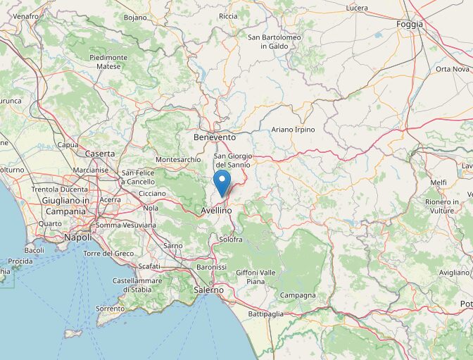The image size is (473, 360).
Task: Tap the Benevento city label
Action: (x=215, y=137)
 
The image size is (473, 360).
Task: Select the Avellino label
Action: (x=216, y=211)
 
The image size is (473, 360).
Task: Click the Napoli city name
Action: (x=77, y=238)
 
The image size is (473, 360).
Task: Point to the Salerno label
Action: (x=209, y=290)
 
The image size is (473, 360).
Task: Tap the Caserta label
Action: (x=99, y=154)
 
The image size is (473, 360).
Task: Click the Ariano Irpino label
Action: (x=293, y=130)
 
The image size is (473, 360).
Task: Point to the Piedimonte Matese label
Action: (x=108, y=62)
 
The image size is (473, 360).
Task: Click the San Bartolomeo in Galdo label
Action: (x=275, y=42)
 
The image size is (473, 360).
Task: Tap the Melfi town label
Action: (x=439, y=182)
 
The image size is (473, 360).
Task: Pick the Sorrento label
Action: (x=111, y=309)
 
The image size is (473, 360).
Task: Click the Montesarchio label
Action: (x=178, y=160)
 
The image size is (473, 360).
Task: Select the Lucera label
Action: (x=357, y=8)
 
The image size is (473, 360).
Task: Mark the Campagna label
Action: (x=298, y=295)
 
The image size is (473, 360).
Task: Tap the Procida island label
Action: (x=20, y=261)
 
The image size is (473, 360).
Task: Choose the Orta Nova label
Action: (x=452, y=69)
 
